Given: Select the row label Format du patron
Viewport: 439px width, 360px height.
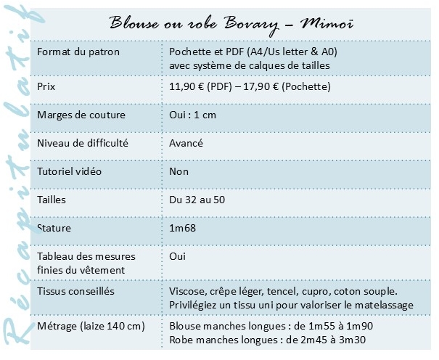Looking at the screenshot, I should [x=78, y=53].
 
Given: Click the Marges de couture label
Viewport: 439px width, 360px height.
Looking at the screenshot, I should [x=81, y=115].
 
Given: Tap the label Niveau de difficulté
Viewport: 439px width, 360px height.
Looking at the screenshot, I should [x=82, y=143].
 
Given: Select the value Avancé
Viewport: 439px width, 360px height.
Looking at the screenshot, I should [x=186, y=143].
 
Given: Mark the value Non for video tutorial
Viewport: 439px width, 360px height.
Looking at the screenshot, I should [x=179, y=171].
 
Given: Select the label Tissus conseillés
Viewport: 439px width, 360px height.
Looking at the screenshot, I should [x=74, y=290].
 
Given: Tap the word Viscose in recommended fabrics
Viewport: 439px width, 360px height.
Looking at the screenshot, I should [x=188, y=290].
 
